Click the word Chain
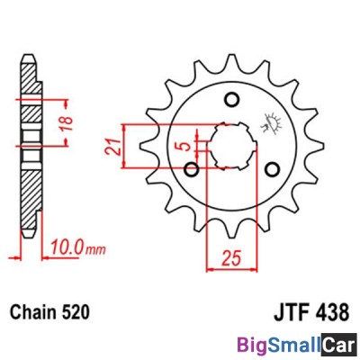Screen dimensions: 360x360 point(31,316)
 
